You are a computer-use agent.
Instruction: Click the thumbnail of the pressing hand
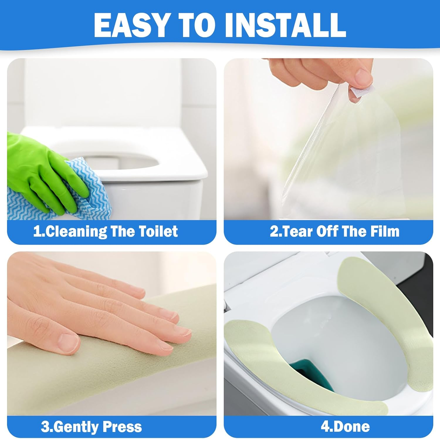(x=112, y=334)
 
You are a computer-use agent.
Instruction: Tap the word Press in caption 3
(x=122, y=427)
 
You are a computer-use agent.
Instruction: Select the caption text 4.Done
(x=345, y=427)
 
